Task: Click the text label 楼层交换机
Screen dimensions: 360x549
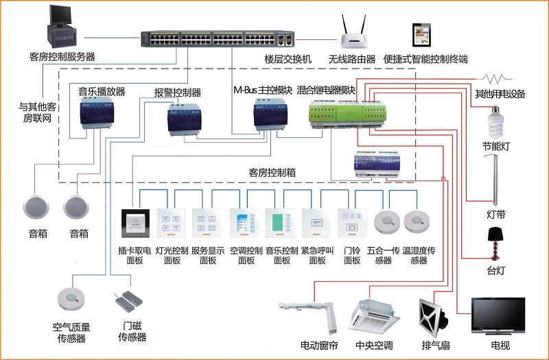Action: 288,60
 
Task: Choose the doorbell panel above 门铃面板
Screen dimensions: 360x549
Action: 351,223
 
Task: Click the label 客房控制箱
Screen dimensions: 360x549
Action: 272,173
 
